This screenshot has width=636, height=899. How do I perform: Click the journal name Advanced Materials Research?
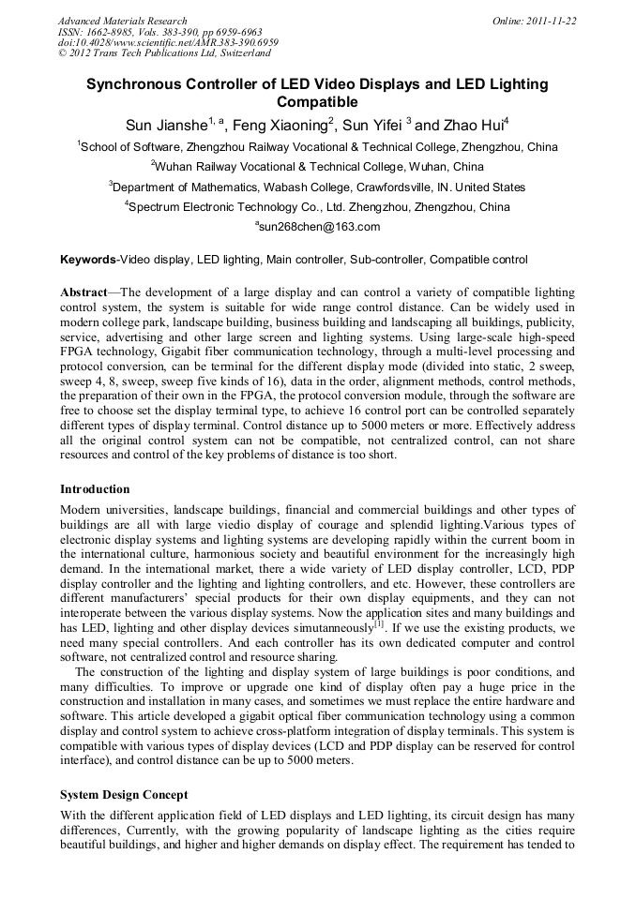[x=122, y=21]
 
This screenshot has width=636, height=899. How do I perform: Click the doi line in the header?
[x=168, y=42]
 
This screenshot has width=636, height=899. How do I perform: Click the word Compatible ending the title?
[x=317, y=102]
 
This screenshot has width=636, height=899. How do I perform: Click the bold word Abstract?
[x=83, y=292]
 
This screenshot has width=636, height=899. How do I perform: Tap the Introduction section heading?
[x=95, y=489]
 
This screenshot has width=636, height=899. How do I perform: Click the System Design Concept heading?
[x=124, y=795]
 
